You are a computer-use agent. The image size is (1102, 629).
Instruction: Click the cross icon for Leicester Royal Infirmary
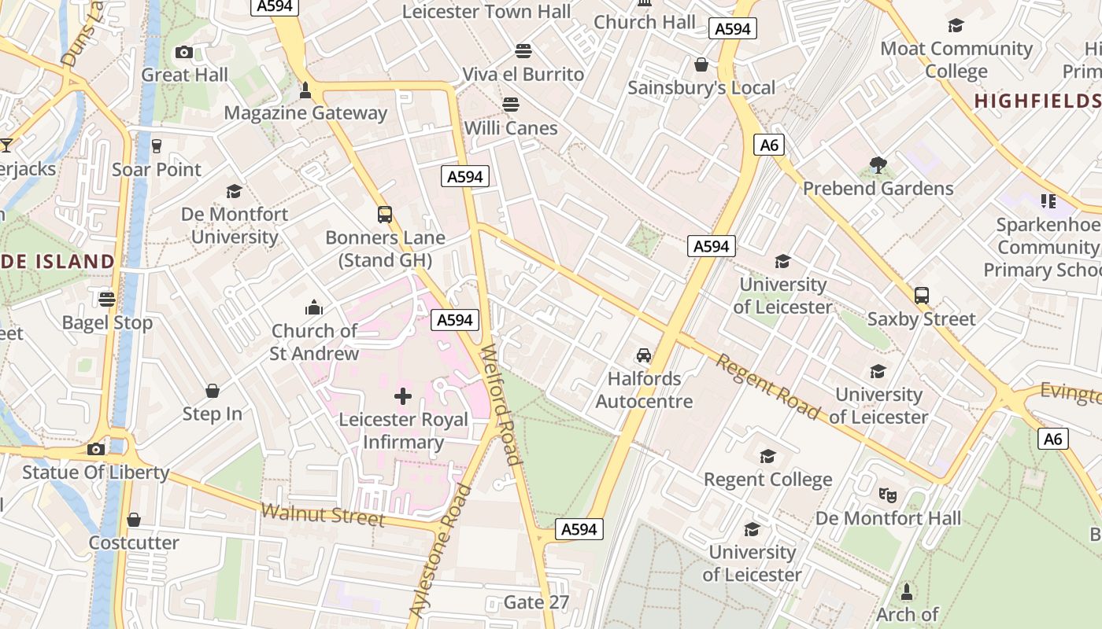pos(402,396)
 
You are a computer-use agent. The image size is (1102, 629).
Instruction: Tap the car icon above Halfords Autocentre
pos(644,355)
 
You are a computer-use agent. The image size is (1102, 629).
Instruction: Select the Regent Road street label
pos(767,387)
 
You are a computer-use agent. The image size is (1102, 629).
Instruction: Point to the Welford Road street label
pos(501,404)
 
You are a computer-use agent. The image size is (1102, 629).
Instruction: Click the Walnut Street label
pos(323,515)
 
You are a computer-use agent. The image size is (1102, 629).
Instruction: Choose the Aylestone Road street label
pos(441,550)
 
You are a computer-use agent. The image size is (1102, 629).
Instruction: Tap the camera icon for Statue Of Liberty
pos(96,449)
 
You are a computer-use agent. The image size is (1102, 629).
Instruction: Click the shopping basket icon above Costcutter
pos(134,520)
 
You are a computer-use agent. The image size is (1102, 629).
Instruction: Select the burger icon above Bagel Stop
pos(107,299)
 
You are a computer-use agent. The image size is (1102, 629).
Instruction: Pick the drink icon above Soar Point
pos(156,146)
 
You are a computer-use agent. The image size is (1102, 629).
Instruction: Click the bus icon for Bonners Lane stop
pos(385,215)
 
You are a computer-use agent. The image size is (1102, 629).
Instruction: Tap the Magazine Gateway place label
pos(305,112)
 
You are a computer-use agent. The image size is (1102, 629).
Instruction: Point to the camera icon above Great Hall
pos(184,53)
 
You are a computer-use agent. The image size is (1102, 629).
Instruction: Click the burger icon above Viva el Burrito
pos(523,51)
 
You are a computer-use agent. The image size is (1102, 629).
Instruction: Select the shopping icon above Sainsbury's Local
pos(701,64)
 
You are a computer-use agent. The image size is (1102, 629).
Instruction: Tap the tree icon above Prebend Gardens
pos(878,165)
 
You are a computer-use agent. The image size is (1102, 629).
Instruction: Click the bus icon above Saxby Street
pos(921,296)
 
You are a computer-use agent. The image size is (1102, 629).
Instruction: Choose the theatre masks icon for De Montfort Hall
pos(888,495)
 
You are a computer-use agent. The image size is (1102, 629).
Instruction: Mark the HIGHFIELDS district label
pos(1037,101)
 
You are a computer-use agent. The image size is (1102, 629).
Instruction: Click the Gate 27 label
pos(536,602)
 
